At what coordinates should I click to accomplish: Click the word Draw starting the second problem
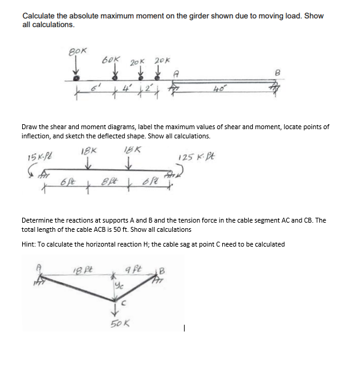coord(30,127)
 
